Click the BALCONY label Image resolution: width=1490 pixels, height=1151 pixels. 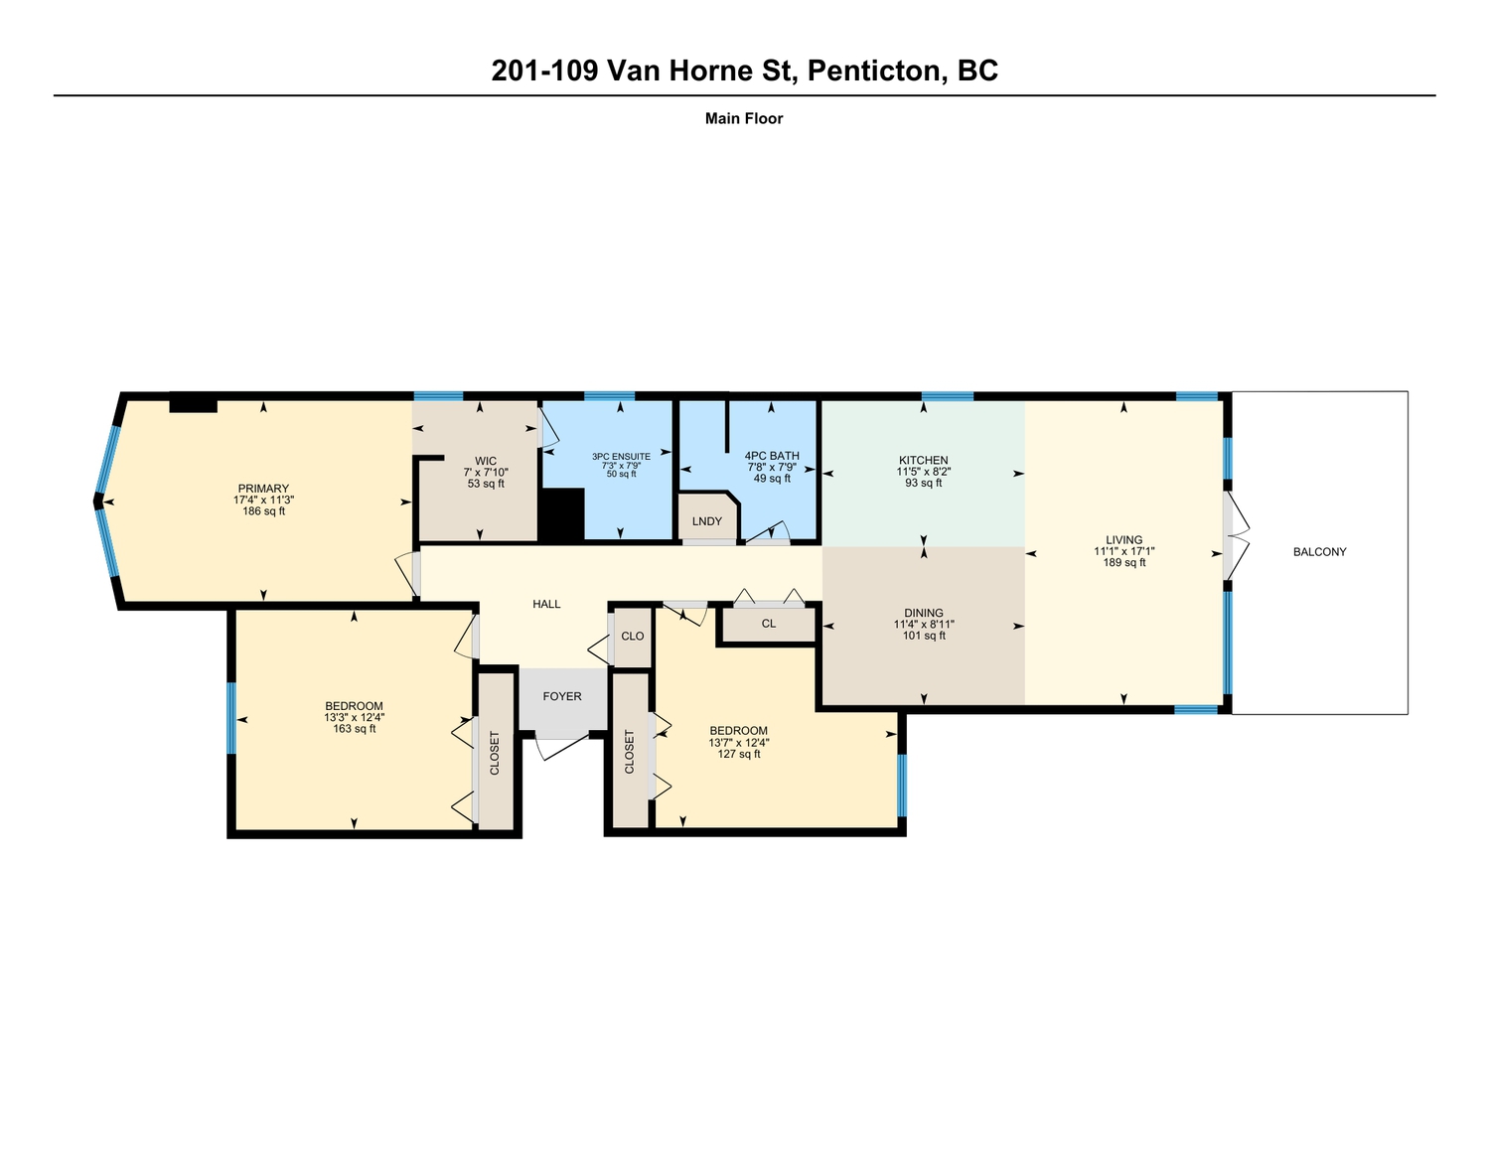point(1319,552)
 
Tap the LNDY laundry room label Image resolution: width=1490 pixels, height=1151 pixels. point(706,521)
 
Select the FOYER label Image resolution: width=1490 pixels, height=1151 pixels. point(561,696)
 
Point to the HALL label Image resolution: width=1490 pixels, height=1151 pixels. point(546,604)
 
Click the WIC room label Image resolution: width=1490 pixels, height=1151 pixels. point(486,462)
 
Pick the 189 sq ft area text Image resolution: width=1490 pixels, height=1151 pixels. point(1123,563)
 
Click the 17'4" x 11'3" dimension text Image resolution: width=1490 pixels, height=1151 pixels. point(263,501)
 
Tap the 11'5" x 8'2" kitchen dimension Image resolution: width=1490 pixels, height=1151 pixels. point(923,472)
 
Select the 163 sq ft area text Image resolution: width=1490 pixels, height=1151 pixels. point(354,729)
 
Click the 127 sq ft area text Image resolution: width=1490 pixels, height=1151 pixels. point(738,754)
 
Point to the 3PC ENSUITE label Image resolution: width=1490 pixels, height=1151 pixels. point(621,457)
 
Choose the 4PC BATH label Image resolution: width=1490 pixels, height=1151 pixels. point(772,456)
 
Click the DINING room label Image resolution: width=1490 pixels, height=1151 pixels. point(924,613)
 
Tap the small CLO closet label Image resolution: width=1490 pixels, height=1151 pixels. point(632,637)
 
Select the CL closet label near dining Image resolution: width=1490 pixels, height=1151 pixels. point(768,624)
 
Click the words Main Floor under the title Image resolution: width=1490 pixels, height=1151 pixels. point(744,118)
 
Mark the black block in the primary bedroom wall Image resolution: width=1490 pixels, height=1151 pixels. point(194,406)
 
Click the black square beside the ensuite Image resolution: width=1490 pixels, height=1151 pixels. point(561,514)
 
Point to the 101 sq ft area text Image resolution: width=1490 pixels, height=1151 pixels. point(924,636)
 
